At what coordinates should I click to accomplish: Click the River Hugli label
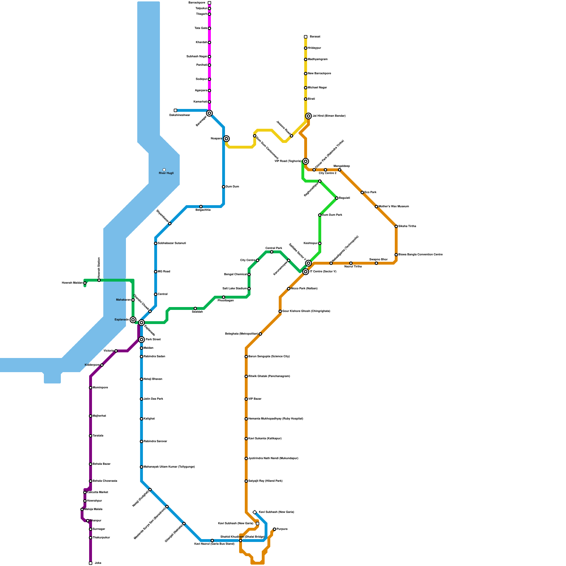pos(166,173)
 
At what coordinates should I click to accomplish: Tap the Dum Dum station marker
pos(224,187)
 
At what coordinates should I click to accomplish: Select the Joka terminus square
pos(91,563)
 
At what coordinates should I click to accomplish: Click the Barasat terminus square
pos(306,37)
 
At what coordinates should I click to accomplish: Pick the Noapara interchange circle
pos(226,139)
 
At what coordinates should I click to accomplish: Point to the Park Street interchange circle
pos(141,340)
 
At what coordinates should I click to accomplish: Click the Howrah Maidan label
pos(72,283)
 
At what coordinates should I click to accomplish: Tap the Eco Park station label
pos(370,192)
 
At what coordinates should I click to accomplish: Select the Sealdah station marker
pos(195,308)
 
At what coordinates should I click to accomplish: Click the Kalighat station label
pos(149,419)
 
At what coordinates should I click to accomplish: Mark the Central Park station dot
pos(272,252)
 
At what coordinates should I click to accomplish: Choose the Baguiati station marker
pos(337,198)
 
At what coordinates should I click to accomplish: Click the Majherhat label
pos(99,416)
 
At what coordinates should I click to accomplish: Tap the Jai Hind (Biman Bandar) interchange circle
pos(308,116)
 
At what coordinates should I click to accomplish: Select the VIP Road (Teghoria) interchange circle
pos(306,161)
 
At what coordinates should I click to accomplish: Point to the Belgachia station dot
pos(201,207)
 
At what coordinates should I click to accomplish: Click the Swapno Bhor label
pos(379,259)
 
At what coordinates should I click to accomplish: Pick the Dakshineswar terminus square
pos(175,110)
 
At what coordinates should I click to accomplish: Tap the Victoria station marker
pos(116,351)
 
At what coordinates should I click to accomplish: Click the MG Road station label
pos(164,272)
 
